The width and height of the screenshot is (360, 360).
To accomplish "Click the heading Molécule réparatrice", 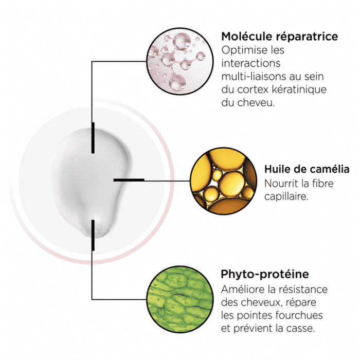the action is pos(279,37).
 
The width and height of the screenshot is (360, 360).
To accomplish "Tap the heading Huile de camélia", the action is pos(307,169).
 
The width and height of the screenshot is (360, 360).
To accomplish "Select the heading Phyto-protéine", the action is pos(265,274).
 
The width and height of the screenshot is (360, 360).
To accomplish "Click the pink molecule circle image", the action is pos(180,61).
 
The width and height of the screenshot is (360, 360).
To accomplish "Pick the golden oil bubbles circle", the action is pos(224,181).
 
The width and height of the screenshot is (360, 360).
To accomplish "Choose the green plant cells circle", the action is pos(180,299).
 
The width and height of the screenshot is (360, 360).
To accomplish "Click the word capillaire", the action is pos(286,196).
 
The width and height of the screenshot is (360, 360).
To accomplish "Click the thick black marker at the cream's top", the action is pos(93,138).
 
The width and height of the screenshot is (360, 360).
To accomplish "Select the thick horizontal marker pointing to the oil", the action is pos(129,180).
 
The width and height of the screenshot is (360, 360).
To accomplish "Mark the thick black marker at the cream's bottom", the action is pos(93,235).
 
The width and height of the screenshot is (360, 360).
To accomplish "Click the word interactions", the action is pos(251,63).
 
